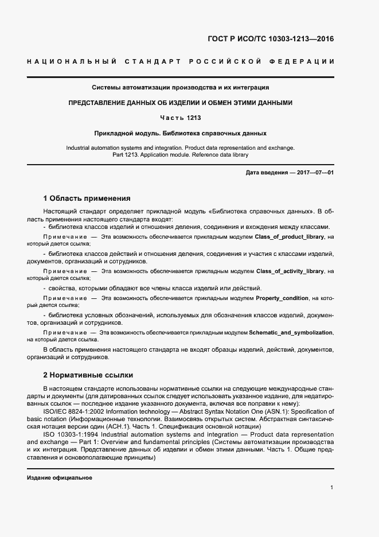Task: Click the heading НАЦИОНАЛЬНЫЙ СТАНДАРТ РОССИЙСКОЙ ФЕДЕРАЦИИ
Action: (180, 61)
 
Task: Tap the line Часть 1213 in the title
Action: (180, 118)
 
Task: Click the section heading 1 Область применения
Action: (87, 199)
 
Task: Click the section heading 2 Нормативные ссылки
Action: (88, 375)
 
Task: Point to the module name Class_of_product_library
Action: (290, 236)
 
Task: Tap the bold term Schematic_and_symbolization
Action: (291, 332)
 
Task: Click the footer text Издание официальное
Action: (60, 478)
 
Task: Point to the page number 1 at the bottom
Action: (332, 488)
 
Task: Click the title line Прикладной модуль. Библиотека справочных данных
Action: (180, 133)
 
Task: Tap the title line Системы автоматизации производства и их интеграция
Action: (180, 88)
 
